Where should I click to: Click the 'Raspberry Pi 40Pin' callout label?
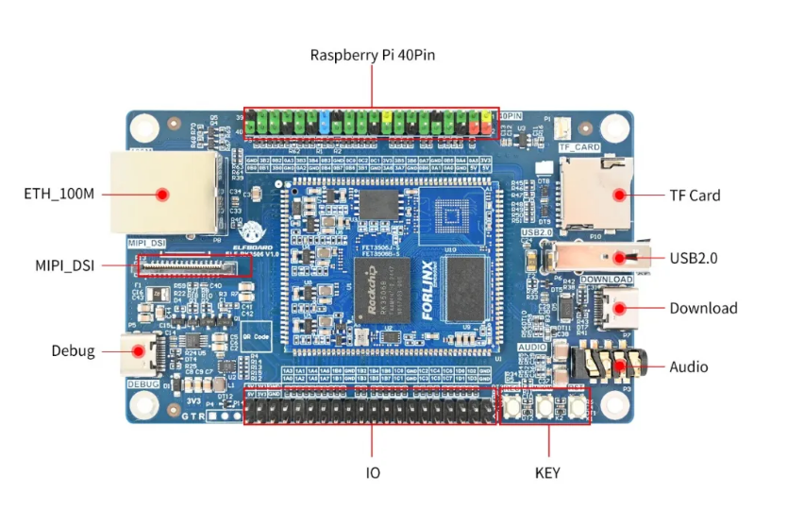[x=372, y=55]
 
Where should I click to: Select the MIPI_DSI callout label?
[x=64, y=264]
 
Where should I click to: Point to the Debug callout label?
[x=73, y=351]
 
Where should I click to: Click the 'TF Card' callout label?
[x=695, y=196]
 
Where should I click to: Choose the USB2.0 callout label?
[x=695, y=257]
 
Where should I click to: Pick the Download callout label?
[x=703, y=308]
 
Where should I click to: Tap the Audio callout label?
[x=688, y=366]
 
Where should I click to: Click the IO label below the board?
[x=373, y=471]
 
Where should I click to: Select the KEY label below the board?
[x=546, y=471]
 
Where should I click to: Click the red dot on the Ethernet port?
[x=161, y=195]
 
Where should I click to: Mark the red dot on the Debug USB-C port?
[x=138, y=351]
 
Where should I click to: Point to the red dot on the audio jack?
[x=619, y=366]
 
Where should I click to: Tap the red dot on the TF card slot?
[x=619, y=195]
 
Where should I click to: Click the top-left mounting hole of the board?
[x=145, y=128]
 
